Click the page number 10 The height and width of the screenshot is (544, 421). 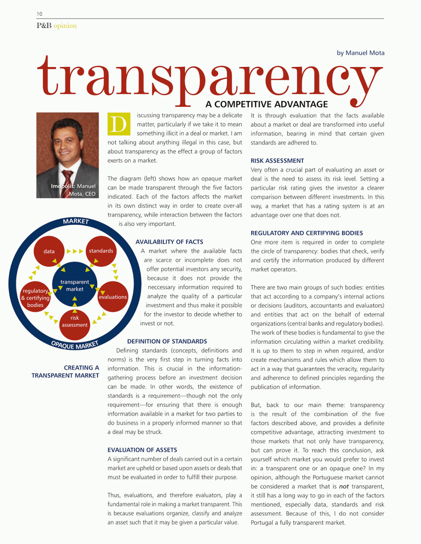point(39,14)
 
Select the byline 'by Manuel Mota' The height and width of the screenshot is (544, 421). point(360,53)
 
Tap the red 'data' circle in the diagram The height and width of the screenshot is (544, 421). point(49,251)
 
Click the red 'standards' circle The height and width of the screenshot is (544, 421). point(101,251)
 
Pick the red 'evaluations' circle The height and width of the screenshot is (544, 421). point(113,297)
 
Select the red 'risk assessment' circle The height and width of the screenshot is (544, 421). point(75,322)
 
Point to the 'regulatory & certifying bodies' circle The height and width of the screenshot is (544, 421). point(35,298)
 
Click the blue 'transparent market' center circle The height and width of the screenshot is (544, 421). point(75,285)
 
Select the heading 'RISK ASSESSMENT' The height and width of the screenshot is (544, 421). point(277,161)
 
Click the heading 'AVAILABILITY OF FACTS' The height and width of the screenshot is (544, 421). point(169,242)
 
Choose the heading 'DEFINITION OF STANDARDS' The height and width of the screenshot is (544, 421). point(167,341)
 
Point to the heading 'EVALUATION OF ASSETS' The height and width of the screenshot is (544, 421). point(142,450)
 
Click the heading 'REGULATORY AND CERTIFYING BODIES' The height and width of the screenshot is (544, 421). point(307,233)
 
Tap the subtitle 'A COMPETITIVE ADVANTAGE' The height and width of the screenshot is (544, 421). point(266,104)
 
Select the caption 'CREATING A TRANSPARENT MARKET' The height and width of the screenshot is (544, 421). point(65,371)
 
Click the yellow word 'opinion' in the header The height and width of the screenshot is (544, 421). point(65,26)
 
